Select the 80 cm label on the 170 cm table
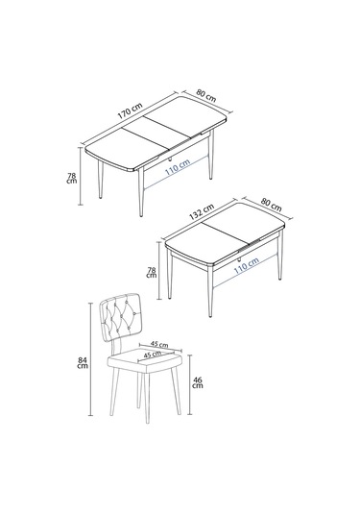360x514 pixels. click(204, 97)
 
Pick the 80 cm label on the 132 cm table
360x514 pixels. click(272, 205)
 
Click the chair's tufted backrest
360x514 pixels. click(123, 319)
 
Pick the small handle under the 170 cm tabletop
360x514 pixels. click(167, 157)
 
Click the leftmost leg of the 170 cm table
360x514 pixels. click(101, 183)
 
